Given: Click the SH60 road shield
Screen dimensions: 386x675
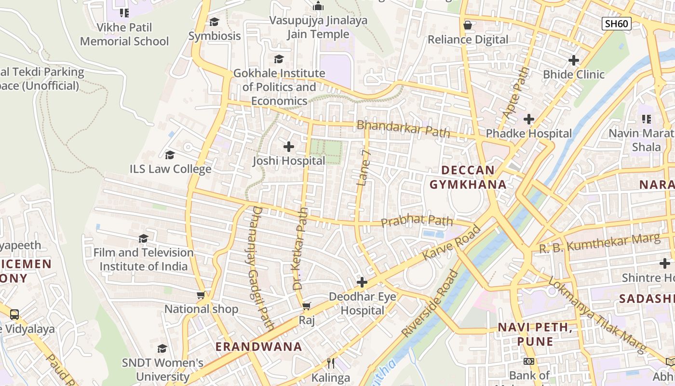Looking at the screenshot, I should (616, 24).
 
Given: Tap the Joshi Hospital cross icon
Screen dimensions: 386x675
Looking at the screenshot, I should (289, 146).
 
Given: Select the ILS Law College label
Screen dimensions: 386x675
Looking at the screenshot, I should (170, 169).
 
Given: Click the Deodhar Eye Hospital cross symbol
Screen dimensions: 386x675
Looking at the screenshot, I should (362, 282).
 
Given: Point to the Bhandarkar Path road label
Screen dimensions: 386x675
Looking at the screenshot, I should (403, 129).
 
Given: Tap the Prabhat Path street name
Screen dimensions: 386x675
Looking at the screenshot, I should (417, 221).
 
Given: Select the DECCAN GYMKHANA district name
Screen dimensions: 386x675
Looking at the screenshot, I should (468, 177).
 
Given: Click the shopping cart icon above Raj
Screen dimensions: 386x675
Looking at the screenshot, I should (307, 306).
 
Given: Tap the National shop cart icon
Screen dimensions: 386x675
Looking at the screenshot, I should (201, 295).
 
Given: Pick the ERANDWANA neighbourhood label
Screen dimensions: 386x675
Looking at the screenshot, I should (258, 346).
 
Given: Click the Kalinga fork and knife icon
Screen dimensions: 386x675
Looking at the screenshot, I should (331, 363).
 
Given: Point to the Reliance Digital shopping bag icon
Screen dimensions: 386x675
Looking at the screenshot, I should (467, 25).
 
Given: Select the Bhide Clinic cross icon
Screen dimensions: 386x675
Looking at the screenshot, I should (573, 60).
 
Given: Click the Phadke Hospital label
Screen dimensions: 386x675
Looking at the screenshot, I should (528, 133).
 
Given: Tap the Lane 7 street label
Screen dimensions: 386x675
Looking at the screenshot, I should (364, 167).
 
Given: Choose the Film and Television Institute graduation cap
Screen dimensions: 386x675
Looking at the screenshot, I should (143, 238).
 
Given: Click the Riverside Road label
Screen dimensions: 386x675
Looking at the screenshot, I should (431, 303).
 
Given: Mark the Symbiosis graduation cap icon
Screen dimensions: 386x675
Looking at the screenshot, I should (214, 22).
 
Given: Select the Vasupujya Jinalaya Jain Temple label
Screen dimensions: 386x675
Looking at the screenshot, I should (318, 27).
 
